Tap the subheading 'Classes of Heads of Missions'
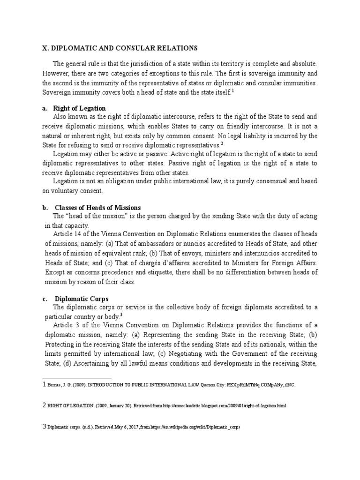coord(98,207)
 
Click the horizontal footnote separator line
coord(77,377)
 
